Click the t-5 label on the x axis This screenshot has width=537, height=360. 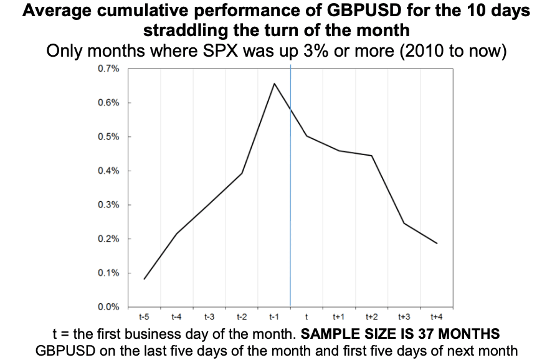point(144,317)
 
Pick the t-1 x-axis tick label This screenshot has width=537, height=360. point(274,317)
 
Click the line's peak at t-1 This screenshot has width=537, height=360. point(274,83)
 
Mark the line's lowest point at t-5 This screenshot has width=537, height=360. point(144,279)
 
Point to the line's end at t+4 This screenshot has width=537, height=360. point(437,244)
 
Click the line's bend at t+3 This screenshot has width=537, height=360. point(404,223)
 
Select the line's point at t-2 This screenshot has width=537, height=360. point(242,173)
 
